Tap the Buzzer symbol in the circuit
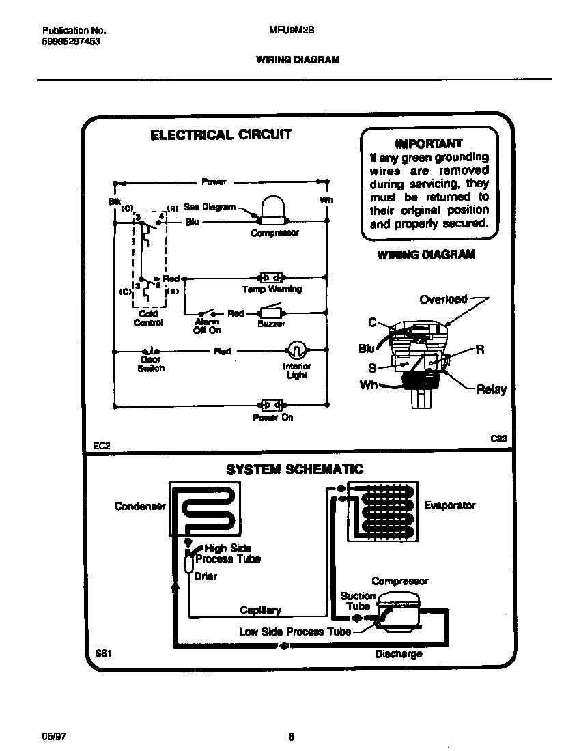coord(270,313)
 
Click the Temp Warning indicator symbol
coord(270,278)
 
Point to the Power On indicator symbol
coord(270,405)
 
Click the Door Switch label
coord(150,364)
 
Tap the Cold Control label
coord(148,318)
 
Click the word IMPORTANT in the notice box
coord(429,143)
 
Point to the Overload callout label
coord(443,299)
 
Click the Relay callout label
coord(491,390)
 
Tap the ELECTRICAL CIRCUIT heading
coord(221,134)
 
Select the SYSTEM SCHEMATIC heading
coord(294,470)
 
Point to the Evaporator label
coord(449,505)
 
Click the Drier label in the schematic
coord(206,576)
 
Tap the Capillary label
coord(260,610)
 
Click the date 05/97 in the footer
coord(53,736)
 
